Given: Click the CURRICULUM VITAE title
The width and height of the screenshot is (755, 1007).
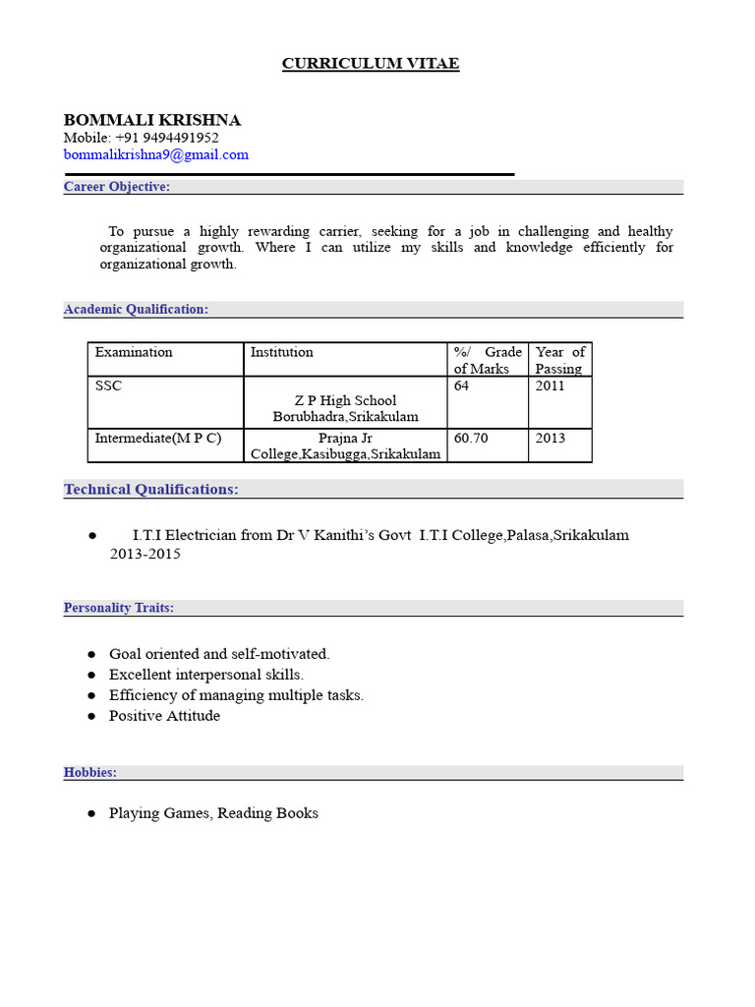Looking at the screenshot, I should point(371,64).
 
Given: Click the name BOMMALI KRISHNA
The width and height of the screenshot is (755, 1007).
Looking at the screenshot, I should point(152,120).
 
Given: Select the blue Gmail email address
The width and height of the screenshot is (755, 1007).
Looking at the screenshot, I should point(156,154).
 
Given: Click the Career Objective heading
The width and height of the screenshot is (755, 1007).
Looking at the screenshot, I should point(117,187).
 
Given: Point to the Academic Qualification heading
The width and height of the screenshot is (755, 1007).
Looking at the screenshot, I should point(136,309).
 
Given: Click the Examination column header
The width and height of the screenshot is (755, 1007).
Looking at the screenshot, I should point(134,352).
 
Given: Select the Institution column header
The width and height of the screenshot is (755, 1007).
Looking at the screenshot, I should point(282,352).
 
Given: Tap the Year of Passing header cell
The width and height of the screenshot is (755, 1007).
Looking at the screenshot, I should point(559,360).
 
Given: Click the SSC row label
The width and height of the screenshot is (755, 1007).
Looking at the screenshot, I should point(108,386).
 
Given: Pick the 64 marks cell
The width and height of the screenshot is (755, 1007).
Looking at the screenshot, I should point(462,386).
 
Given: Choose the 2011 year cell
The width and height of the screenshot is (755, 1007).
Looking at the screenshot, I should point(551,386).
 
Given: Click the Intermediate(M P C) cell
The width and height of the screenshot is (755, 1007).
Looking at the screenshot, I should point(158,439).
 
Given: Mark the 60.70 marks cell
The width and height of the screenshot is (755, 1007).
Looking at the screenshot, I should point(471,439).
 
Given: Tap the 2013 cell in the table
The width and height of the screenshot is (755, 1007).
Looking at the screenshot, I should point(551,439).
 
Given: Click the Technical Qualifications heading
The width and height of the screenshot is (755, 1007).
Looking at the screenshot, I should point(151,489).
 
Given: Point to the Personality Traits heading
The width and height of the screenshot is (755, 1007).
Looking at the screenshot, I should point(119,608).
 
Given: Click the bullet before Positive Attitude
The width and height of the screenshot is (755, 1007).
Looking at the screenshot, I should point(91,716).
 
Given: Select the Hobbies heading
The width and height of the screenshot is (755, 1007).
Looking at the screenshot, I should point(90,772).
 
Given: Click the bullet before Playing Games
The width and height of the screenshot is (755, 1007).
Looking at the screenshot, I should point(91,813).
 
